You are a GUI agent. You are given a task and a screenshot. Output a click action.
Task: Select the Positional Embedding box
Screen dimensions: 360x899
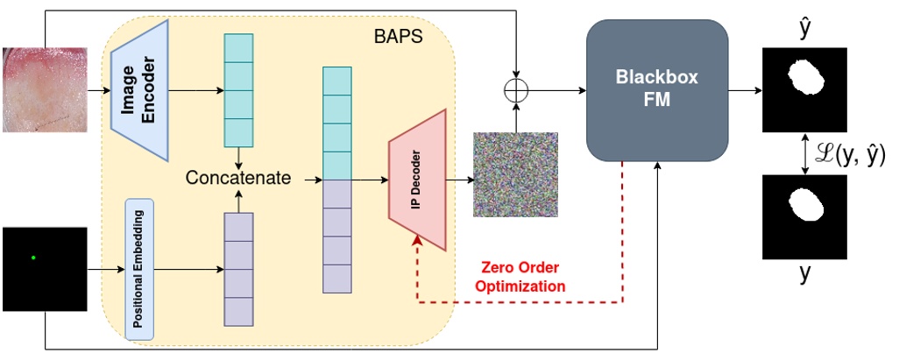(140, 268)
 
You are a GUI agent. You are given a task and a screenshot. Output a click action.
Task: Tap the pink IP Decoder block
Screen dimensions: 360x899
(418, 179)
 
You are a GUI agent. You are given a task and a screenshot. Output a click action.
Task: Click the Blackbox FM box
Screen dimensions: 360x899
(657, 90)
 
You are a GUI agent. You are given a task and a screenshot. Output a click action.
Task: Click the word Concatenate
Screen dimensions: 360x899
(237, 179)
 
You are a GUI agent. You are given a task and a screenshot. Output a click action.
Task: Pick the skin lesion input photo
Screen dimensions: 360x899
(45, 89)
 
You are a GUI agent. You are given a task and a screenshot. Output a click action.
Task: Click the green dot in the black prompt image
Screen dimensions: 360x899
(33, 258)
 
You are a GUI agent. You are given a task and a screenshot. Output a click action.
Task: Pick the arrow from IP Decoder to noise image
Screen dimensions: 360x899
(460, 179)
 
